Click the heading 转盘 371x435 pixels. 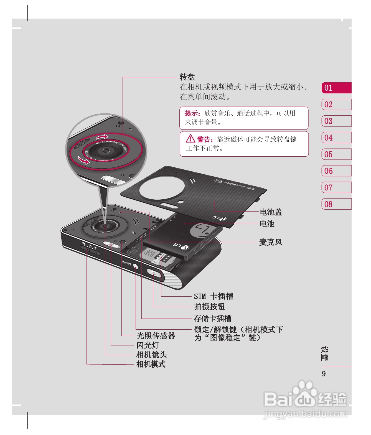tap(187, 77)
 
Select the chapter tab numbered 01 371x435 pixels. tap(336, 88)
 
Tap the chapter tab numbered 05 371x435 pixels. tap(336, 154)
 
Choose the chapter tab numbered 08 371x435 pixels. tap(336, 204)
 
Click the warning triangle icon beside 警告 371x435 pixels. tap(190, 138)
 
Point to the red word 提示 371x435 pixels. tap(192, 113)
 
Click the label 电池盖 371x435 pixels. tap(271, 212)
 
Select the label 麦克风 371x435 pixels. tap(271, 242)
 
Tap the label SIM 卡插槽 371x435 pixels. tap(213, 296)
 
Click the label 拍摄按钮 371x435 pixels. tap(209, 307)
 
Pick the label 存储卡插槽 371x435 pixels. tap(213, 318)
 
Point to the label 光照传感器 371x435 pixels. tap(156, 336)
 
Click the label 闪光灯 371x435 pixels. tap(148, 345)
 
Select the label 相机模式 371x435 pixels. tap(151, 364)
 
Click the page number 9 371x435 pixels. tap(324, 374)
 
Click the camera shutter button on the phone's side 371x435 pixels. tap(153, 273)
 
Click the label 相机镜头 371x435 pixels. tap(151, 355)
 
